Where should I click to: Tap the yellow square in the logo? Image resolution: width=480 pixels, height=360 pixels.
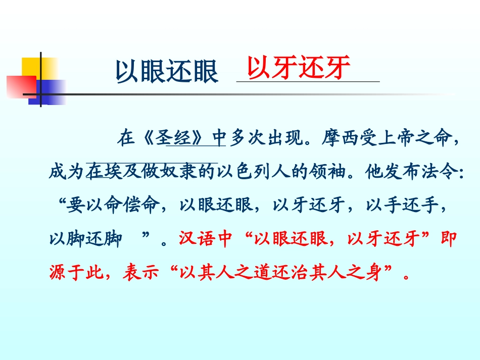(31, 67)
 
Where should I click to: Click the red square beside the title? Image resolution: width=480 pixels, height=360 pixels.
(21, 86)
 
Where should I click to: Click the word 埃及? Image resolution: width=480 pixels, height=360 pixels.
(111, 173)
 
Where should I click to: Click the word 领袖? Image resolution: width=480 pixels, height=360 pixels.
(324, 173)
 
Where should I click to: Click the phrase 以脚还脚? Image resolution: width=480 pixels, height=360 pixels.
(85, 239)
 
